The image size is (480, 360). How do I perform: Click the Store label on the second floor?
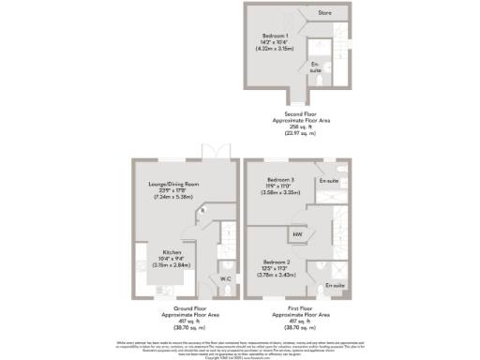click(325, 14)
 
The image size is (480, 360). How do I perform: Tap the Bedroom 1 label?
click(275, 36)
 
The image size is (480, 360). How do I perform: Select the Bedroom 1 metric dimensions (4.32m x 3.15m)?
click(275, 49)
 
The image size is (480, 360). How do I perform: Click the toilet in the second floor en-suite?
click(320, 82)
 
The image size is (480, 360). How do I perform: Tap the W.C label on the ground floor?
click(225, 278)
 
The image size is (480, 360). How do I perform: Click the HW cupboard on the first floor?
click(297, 234)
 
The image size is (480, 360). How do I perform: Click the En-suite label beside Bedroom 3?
click(328, 180)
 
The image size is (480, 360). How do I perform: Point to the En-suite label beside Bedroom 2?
click(335, 283)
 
